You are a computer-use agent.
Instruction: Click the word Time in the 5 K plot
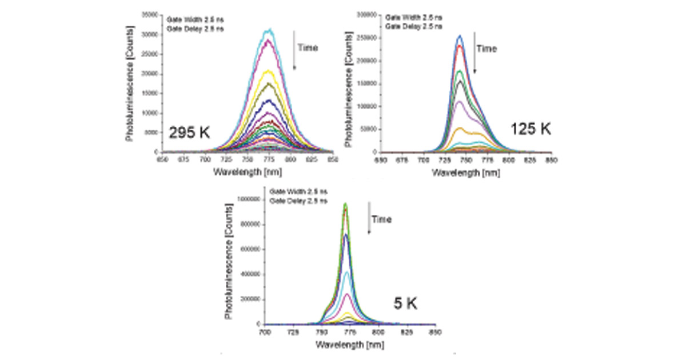tap(382, 219)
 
